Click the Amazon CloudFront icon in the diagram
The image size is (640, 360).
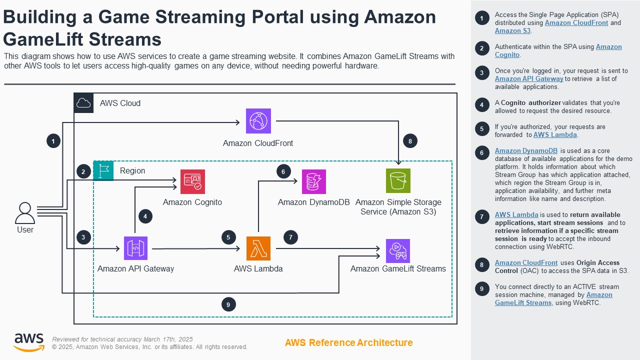[x=258, y=121]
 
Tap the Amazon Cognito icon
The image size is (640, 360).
[x=192, y=181]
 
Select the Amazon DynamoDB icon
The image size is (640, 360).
[x=313, y=181]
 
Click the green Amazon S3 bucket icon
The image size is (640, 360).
[x=398, y=181]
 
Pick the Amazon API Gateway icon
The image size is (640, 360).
[x=135, y=248]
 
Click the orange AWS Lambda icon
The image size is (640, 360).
[x=258, y=248]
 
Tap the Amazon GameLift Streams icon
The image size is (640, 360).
[x=398, y=251]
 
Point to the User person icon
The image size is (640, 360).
[x=25, y=213]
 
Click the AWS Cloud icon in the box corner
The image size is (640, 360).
[x=83, y=103]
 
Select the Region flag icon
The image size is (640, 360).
[x=103, y=170]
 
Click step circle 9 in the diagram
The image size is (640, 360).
[x=228, y=304]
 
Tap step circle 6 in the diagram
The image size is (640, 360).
[x=283, y=171]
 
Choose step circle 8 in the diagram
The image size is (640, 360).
[x=410, y=141]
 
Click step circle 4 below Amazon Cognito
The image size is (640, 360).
[x=145, y=216]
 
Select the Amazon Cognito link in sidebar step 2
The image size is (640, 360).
[x=608, y=47]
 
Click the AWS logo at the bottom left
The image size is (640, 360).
[x=28, y=342]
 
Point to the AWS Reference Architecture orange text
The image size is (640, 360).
[x=348, y=342]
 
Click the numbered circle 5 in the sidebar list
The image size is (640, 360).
[x=481, y=128]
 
